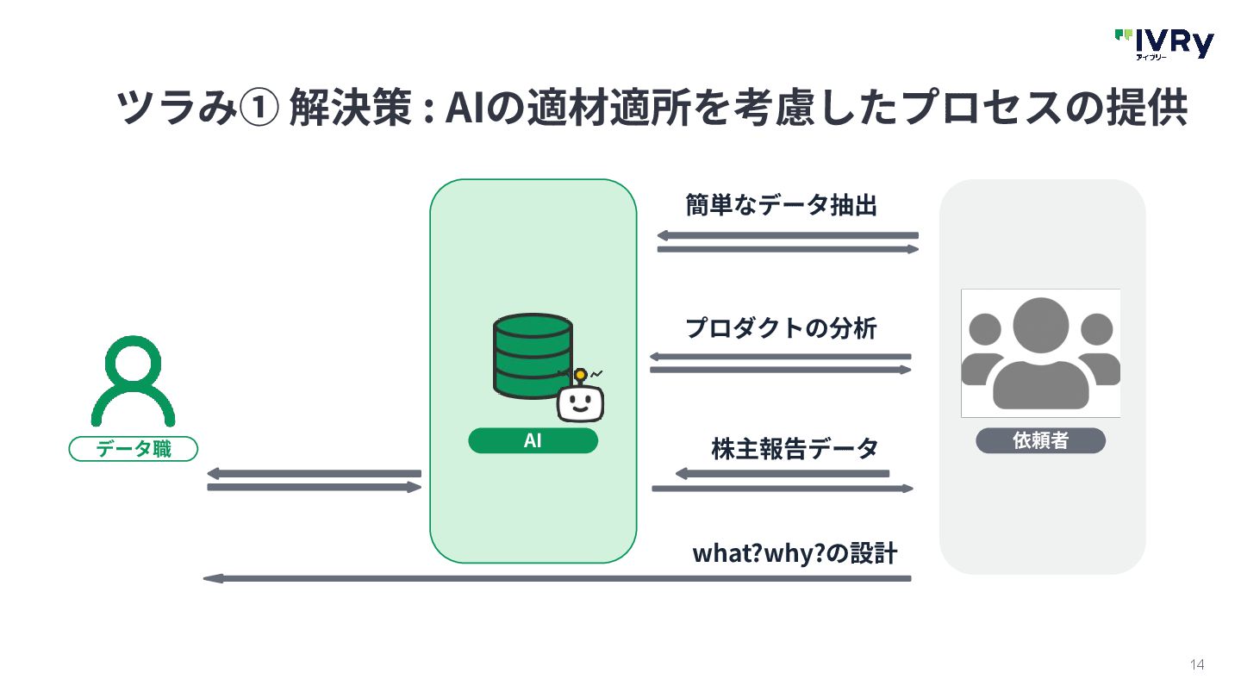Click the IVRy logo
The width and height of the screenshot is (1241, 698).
pyautogui.click(x=1163, y=43)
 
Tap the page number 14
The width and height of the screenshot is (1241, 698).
pyautogui.click(x=1196, y=664)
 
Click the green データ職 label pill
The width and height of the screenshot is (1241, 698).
pyautogui.click(x=134, y=449)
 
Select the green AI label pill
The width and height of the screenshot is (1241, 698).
pyautogui.click(x=533, y=441)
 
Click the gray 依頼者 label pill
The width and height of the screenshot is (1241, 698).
pyautogui.click(x=1040, y=441)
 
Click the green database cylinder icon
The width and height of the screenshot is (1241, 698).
pyautogui.click(x=533, y=355)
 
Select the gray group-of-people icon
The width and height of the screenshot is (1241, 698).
pyautogui.click(x=1040, y=353)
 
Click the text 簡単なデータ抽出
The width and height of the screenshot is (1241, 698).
pyautogui.click(x=781, y=205)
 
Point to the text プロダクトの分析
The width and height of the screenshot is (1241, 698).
pyautogui.click(x=781, y=328)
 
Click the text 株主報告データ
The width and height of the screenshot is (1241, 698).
pyautogui.click(x=795, y=449)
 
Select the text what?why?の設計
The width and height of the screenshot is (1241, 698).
pyautogui.click(x=795, y=553)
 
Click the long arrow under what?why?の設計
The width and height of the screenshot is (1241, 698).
pyautogui.click(x=557, y=578)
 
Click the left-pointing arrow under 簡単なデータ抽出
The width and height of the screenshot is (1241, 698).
pyautogui.click(x=788, y=235)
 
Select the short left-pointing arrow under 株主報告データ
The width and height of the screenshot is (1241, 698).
pyautogui.click(x=782, y=473)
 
